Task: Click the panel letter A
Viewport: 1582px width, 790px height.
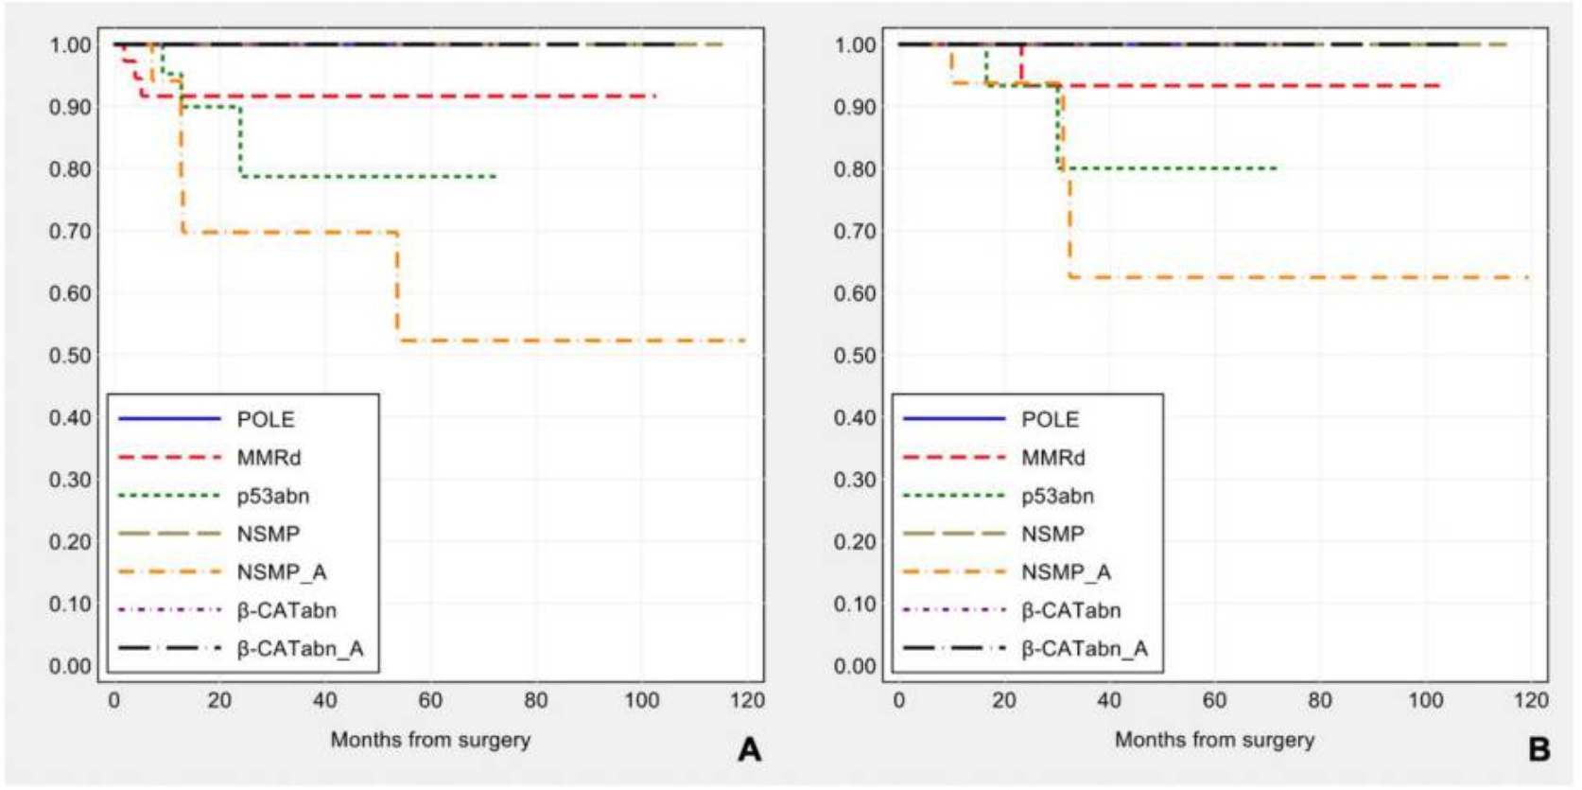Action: (749, 749)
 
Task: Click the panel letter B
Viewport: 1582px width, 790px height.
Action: (1539, 749)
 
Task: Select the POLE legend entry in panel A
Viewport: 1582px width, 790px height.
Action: (266, 419)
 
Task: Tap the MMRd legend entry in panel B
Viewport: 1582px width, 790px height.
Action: (1052, 458)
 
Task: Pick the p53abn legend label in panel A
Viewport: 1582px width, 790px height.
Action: (273, 496)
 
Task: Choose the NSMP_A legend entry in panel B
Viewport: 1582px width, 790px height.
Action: (1066, 572)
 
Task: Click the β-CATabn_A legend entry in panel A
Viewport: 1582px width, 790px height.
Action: (300, 649)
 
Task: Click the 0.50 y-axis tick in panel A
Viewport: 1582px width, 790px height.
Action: (70, 356)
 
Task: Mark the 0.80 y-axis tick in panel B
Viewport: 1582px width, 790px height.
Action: (855, 169)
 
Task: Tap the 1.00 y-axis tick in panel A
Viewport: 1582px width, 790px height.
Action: (70, 44)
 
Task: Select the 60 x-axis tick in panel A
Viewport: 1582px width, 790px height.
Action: (430, 700)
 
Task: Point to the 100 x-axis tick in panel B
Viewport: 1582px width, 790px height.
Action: (1426, 700)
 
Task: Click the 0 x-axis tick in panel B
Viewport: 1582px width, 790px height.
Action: (898, 700)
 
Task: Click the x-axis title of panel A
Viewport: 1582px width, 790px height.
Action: (430, 740)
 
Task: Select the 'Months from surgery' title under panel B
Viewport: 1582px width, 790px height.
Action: (1214, 740)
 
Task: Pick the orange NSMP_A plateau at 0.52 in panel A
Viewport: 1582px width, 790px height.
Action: (567, 341)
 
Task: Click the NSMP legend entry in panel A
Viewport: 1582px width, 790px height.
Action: (268, 535)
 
